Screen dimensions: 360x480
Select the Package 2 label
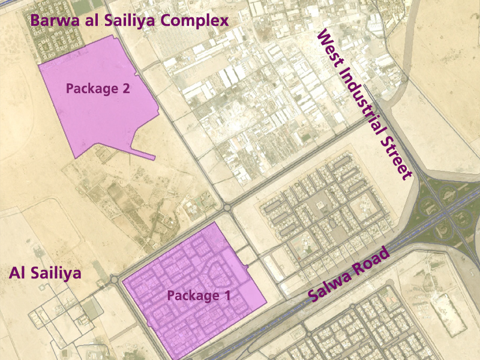coord(98,89)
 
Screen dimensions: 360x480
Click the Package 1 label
coord(199,295)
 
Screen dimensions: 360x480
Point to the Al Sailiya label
coord(45,274)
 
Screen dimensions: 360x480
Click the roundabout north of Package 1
coord(227,208)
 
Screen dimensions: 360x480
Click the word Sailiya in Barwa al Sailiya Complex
coord(128,21)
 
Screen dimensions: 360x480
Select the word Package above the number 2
coord(91,89)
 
